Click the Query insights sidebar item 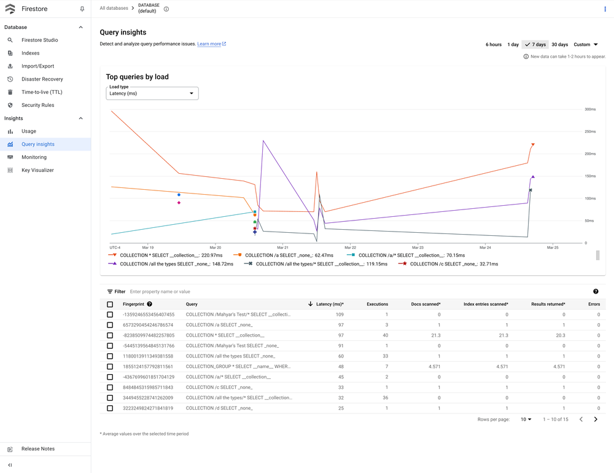(38, 144)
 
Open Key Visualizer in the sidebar (37, 170)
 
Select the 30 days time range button (559, 45)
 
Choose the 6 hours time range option (494, 45)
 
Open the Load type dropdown (152, 93)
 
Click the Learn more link (209, 44)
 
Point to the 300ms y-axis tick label (590, 109)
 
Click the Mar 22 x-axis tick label (349, 248)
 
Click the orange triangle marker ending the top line (533, 144)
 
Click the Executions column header (377, 304)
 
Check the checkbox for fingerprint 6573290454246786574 (110, 325)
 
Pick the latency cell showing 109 (339, 315)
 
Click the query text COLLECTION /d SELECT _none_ (219, 408)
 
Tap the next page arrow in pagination (596, 420)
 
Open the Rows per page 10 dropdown (526, 420)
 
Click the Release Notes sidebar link (38, 449)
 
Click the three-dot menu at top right (605, 9)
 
